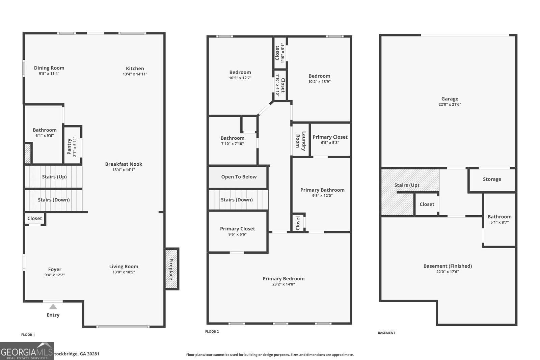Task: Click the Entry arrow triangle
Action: (53, 307)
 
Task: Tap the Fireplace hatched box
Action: (171, 269)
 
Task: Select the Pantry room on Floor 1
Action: (72, 145)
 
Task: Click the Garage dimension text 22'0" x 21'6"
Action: (450, 105)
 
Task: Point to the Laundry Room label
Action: (301, 139)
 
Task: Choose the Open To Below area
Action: (239, 177)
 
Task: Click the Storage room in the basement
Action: (492, 179)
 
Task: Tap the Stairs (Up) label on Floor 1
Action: (54, 177)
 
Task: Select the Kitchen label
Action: (135, 68)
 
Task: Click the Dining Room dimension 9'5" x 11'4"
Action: (49, 74)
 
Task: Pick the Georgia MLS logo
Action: (27, 351)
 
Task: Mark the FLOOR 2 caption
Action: (212, 332)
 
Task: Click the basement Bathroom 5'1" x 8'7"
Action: (499, 219)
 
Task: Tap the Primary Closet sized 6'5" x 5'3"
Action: (330, 139)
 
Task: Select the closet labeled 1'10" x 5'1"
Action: (280, 53)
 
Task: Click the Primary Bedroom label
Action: (283, 279)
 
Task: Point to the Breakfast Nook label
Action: (124, 164)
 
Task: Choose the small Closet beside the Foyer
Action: (34, 219)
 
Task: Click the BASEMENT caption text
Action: (386, 333)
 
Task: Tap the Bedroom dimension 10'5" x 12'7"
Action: (240, 78)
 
